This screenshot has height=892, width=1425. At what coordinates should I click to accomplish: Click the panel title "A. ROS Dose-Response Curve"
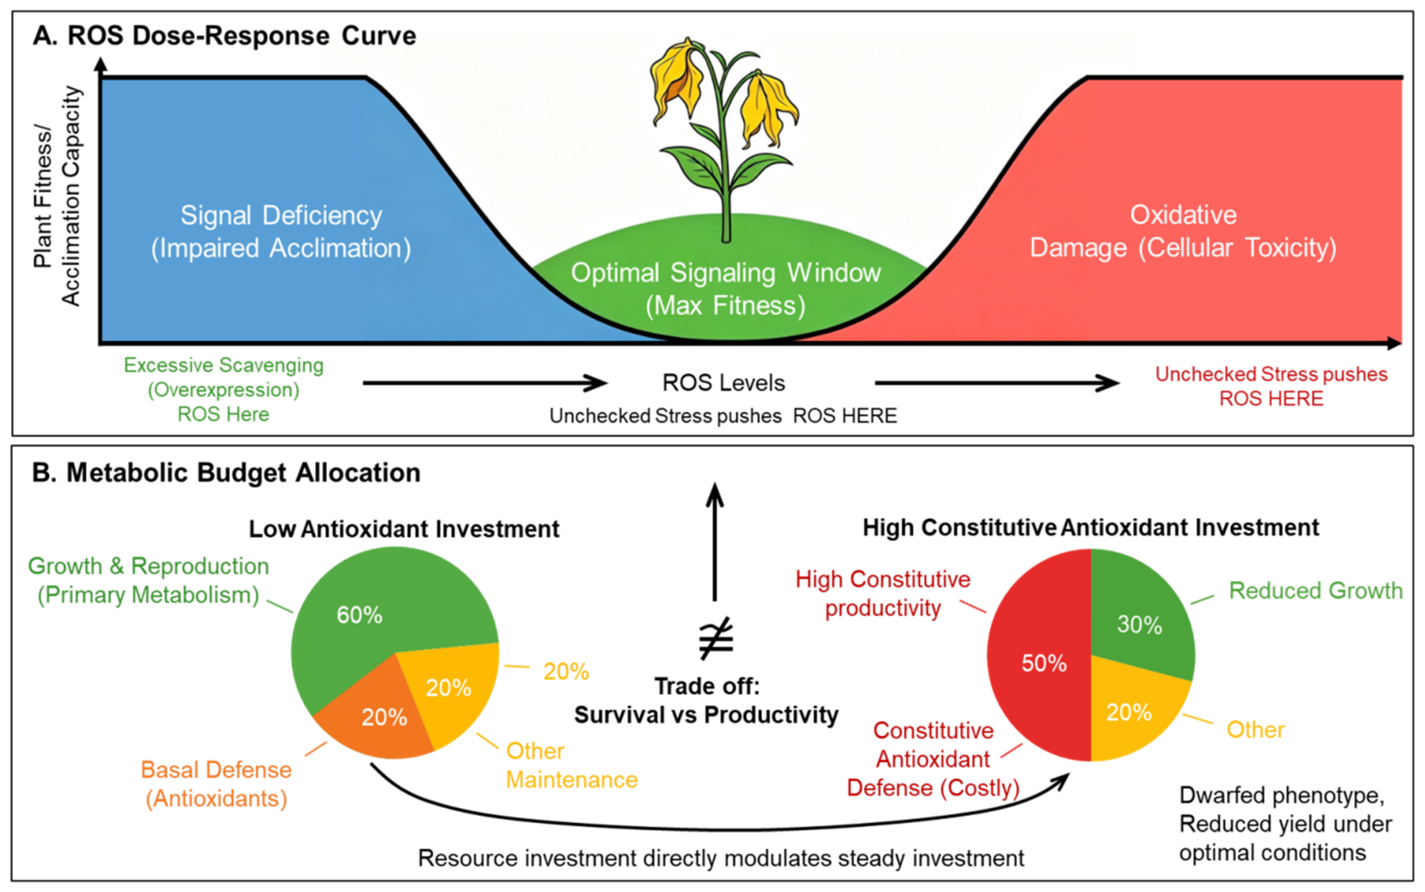(224, 35)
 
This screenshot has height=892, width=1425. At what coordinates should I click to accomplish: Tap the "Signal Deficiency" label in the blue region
(281, 216)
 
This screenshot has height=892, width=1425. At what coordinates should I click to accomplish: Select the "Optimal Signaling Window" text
(726, 273)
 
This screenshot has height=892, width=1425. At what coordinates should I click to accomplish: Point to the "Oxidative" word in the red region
(1183, 215)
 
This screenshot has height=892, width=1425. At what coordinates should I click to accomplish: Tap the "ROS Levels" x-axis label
(724, 383)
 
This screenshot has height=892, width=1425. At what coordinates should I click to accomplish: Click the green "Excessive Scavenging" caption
(223, 365)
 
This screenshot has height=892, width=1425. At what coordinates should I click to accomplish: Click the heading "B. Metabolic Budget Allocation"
(226, 473)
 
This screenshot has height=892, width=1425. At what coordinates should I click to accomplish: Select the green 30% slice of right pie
(1140, 619)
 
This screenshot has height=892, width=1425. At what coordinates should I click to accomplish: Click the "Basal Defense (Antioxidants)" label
(216, 784)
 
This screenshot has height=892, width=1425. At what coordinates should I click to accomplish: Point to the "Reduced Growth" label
(1316, 591)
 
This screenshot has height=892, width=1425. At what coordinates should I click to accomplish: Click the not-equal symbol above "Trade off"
(716, 637)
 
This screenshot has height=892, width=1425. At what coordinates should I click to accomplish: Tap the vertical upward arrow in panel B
(715, 542)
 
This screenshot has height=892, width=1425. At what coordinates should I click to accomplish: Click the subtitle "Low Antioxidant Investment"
(404, 529)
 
